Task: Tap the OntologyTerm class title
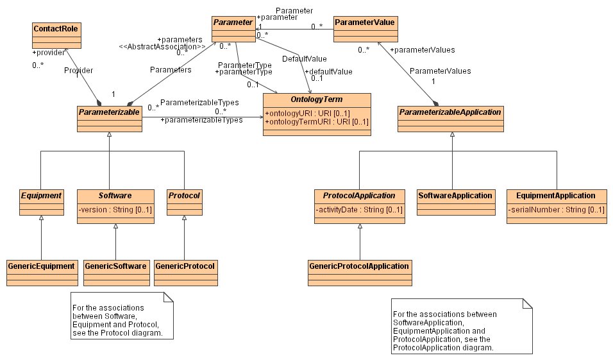[316, 100]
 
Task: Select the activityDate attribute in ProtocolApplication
[359, 209]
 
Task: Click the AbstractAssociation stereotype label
[162, 47]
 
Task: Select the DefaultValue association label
[300, 59]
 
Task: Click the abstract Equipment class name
[41, 195]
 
